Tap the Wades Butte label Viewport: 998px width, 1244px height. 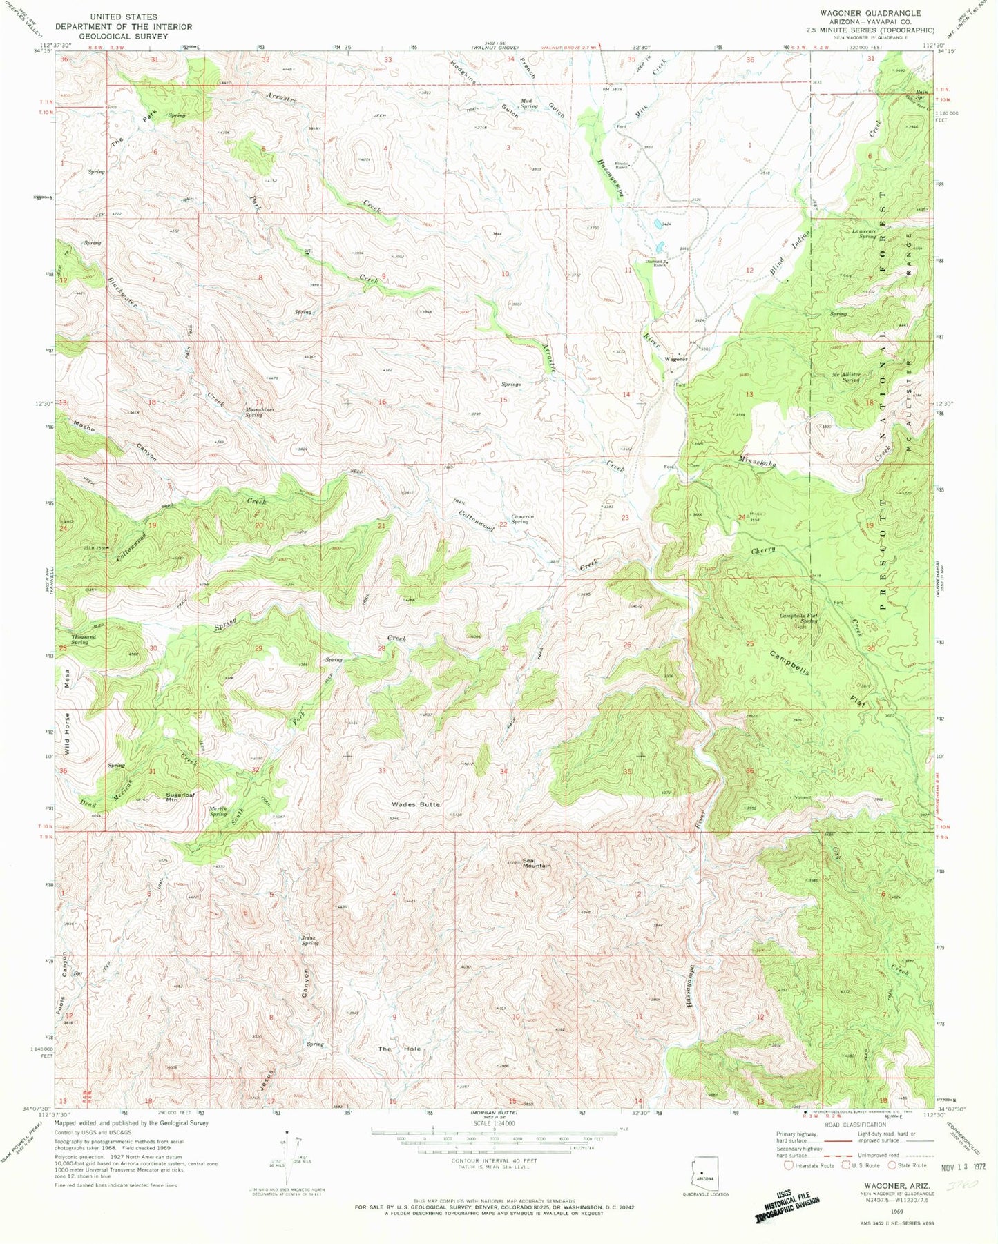point(415,805)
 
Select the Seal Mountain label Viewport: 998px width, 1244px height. point(536,863)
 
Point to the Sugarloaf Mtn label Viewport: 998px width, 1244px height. point(180,796)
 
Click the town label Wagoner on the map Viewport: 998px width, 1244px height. point(675,360)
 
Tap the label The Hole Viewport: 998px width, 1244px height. point(399,1049)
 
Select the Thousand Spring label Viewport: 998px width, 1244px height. point(79,639)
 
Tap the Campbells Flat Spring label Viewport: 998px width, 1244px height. point(798,618)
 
